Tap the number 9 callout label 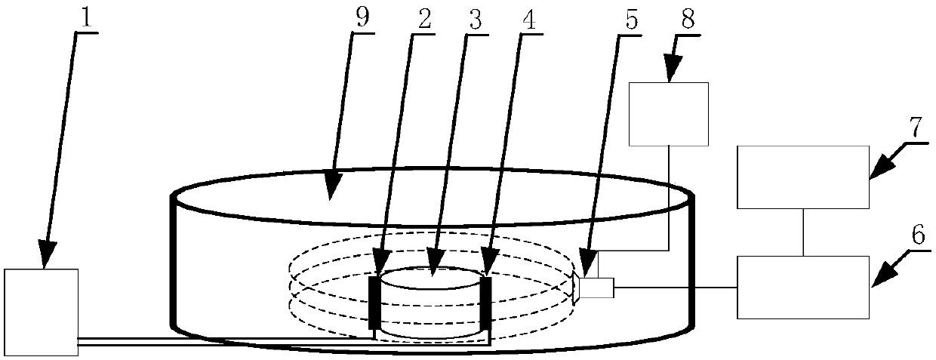[362, 18]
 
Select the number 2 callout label [425, 18]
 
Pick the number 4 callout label [528, 18]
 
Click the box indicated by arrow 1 [42, 310]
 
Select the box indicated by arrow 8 [669, 114]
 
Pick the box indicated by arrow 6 [802, 287]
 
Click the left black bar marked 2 [374, 303]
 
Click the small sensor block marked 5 [601, 288]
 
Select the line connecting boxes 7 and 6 [802, 232]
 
